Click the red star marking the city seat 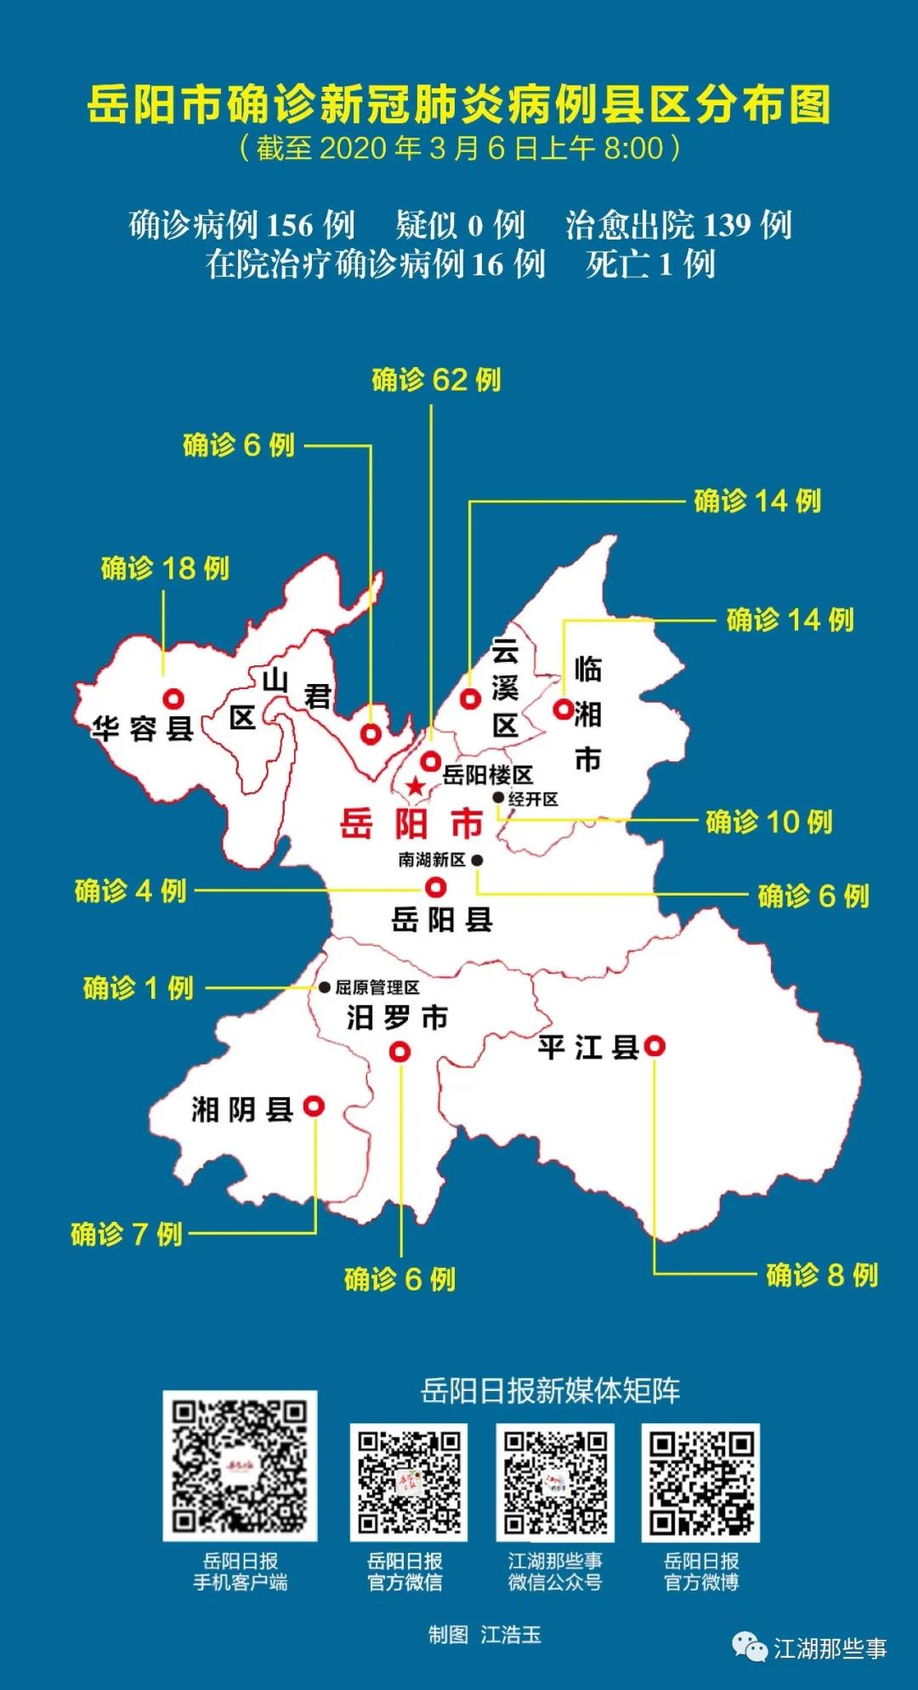pos(415,786)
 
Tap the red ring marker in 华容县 pos(174,699)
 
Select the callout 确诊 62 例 pos(436,380)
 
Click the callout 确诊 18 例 pos(165,568)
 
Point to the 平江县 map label pos(588,1047)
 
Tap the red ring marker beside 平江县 pos(654,1046)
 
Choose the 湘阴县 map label pos(242,1109)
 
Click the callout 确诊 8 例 pos(822,1275)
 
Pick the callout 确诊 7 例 pos(127,1234)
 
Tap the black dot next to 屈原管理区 pos(325,987)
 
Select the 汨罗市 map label pos(397,1017)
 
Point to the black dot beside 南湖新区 pos(478,860)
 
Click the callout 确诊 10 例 pos(768,822)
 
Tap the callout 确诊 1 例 pos(139,988)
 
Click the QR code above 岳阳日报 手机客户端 pos(240,1466)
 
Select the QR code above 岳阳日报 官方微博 pos(700,1483)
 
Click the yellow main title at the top pos(459,105)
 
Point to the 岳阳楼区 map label pos(488,775)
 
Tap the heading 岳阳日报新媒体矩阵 pos(551,1391)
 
